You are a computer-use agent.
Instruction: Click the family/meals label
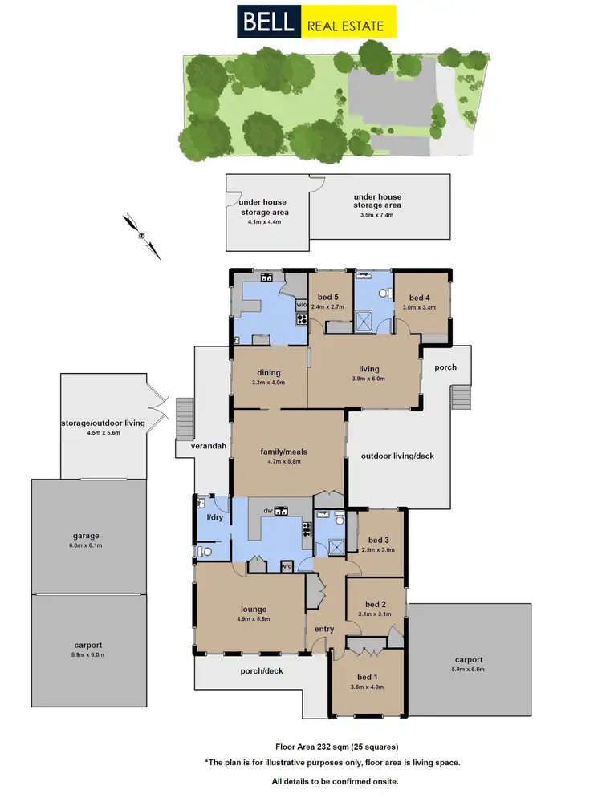click(284, 452)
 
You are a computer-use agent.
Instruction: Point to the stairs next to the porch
click(460, 397)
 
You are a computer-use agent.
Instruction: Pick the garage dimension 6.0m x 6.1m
click(90, 545)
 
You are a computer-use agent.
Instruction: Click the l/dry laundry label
click(214, 519)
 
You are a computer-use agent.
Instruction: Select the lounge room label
click(252, 610)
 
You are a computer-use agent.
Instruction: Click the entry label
click(323, 629)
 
